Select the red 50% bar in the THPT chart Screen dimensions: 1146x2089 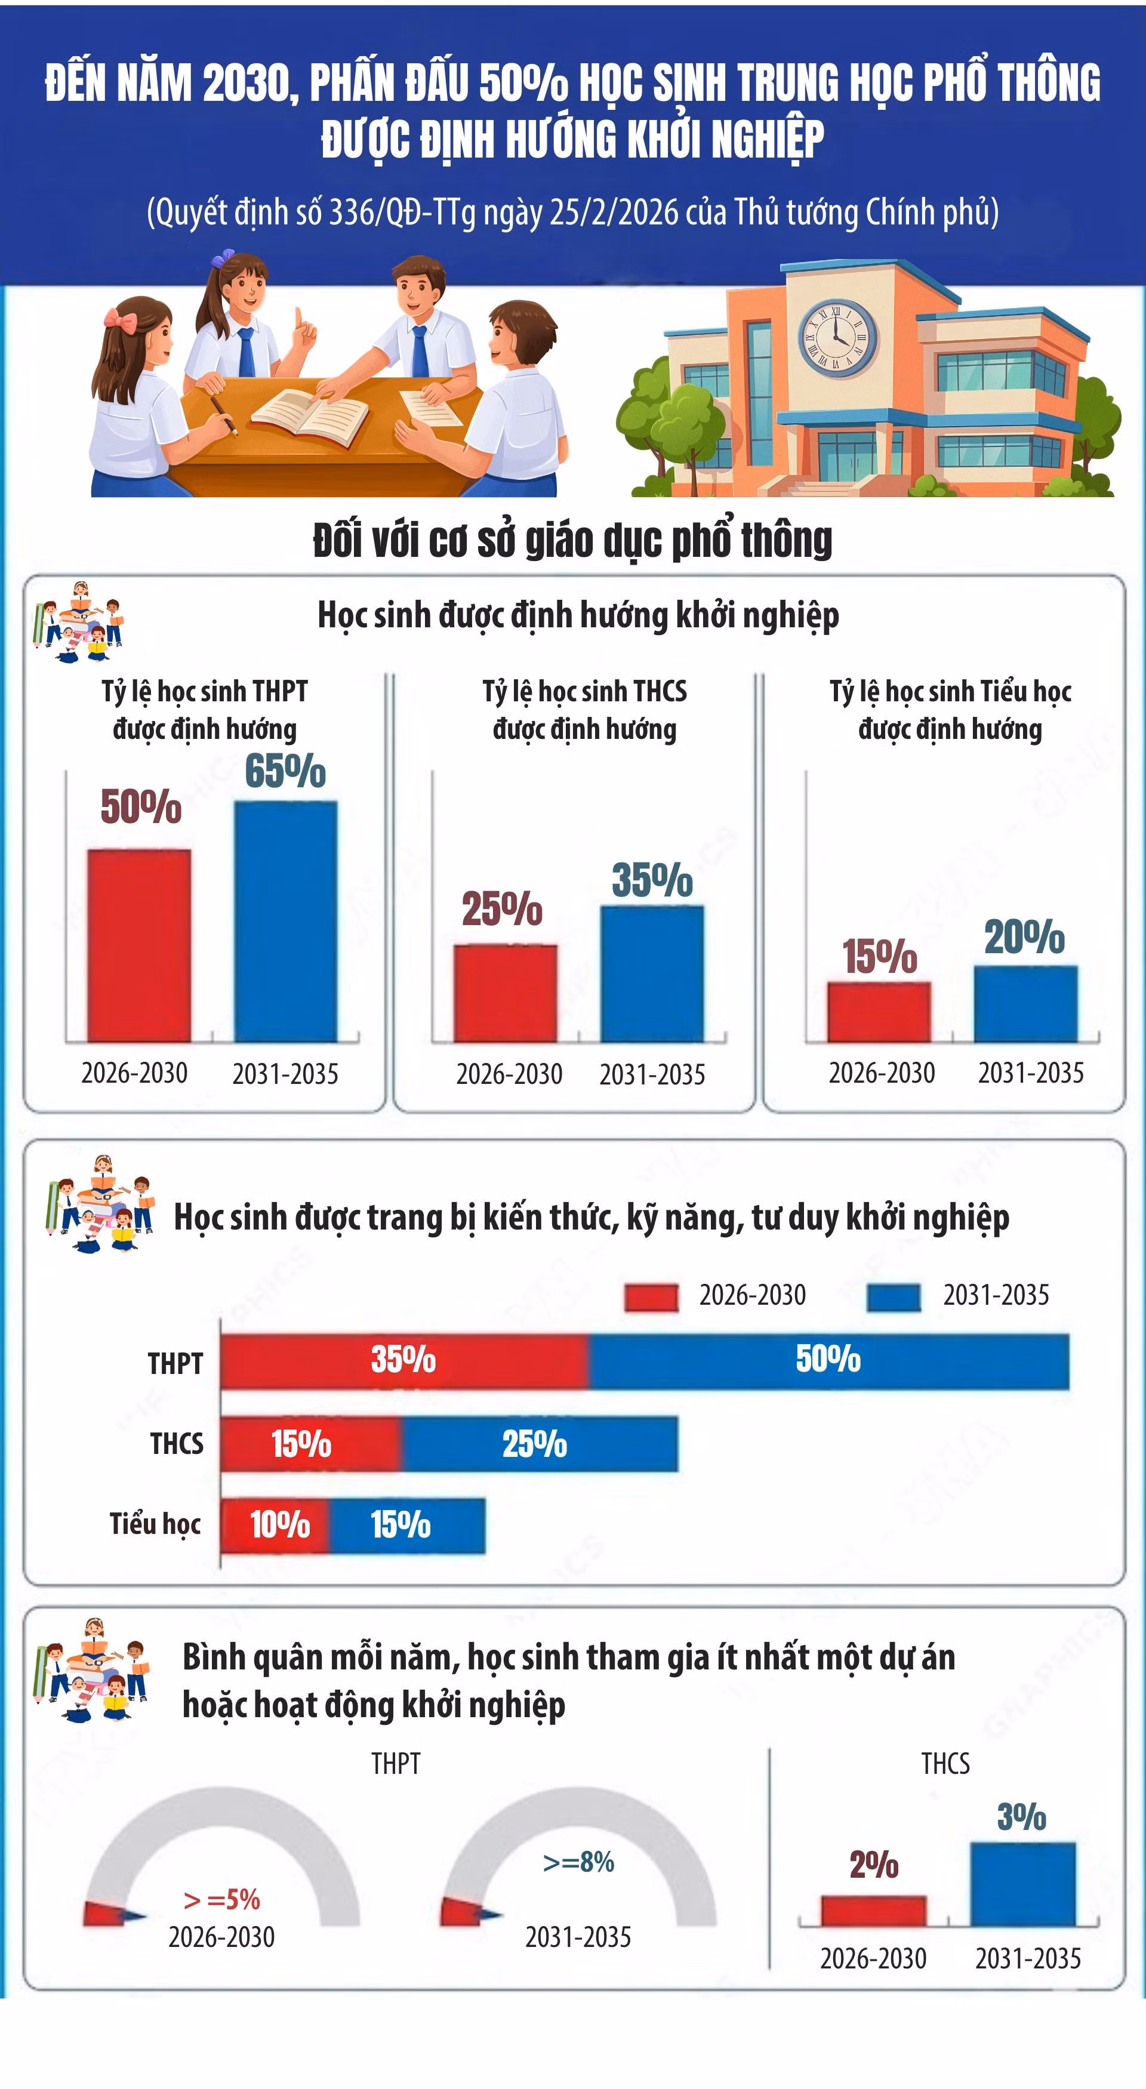point(140,945)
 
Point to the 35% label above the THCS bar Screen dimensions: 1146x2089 point(652,880)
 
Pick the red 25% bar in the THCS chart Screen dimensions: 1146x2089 point(506,993)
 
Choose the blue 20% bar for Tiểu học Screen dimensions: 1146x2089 point(1026,1004)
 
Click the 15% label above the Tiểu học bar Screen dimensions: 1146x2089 point(880,956)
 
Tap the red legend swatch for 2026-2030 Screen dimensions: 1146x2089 point(651,1298)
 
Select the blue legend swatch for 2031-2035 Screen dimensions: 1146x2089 point(894,1298)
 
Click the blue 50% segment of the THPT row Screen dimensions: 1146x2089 point(829,1361)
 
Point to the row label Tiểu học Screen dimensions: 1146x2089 point(155,1524)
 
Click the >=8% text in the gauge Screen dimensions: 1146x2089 point(578,1862)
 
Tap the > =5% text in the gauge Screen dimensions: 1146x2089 point(221,1899)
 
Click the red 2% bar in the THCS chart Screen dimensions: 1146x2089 point(873,1911)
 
